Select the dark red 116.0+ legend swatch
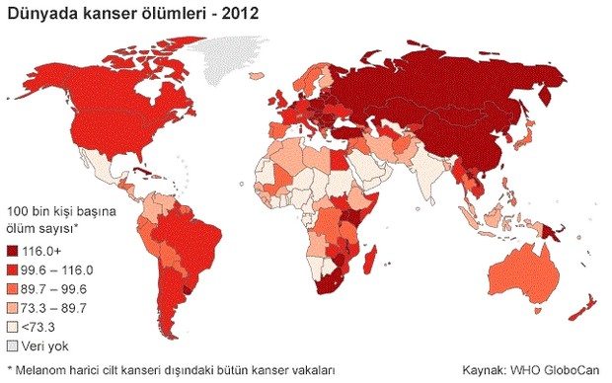tap(13, 253)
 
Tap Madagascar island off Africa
tap(370, 261)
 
